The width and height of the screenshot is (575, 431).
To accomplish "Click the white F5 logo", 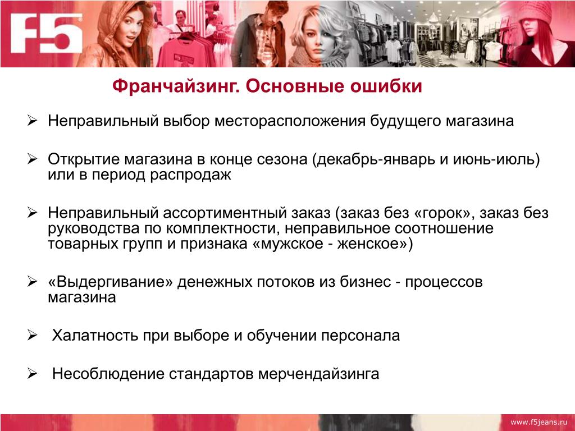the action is point(46,33).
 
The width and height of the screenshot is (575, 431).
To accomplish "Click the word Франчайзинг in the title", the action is point(176,86).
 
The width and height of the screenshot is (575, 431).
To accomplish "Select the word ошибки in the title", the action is point(386,86).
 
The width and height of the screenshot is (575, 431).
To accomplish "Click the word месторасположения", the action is point(290,121).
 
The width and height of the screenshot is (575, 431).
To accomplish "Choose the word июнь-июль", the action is point(496,159).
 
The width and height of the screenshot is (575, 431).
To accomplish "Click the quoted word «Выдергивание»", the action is point(111,282).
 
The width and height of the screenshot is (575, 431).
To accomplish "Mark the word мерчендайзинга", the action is point(319,374).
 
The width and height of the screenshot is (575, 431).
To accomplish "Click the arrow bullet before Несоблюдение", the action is point(32,374).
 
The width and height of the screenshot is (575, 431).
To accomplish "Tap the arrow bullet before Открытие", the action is point(32,159).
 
